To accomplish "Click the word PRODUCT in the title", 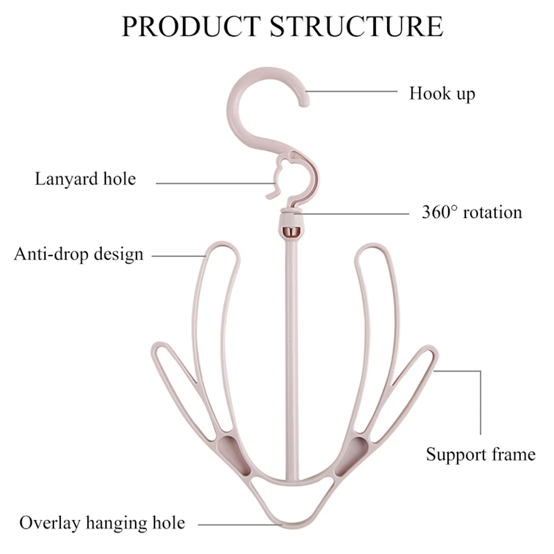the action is (x=191, y=26).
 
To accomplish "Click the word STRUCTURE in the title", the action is (x=356, y=26).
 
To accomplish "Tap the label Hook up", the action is (x=442, y=94).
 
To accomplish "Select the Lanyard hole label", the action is (x=85, y=178).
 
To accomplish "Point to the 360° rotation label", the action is (x=471, y=212).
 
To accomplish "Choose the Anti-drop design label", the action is (x=79, y=254).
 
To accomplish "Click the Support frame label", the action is (x=480, y=454).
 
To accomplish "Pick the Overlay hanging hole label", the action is (x=102, y=522).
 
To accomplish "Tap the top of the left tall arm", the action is (x=223, y=244).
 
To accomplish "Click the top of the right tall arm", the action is (x=372, y=244).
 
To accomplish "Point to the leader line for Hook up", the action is (x=352, y=91).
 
